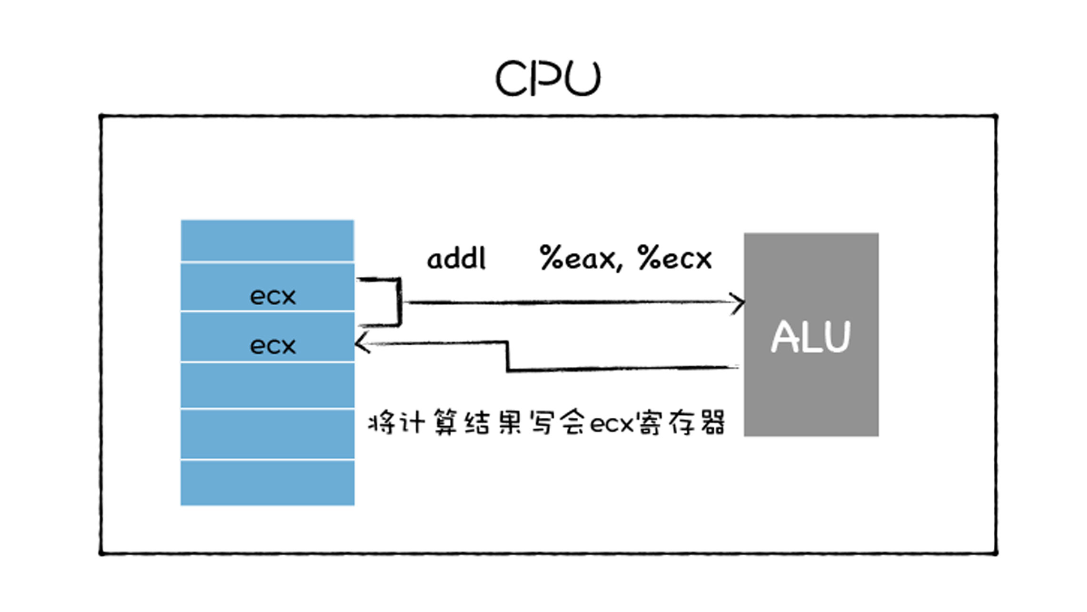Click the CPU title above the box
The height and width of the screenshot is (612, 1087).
548,78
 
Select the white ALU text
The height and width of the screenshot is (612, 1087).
810,337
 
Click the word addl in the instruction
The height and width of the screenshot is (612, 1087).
456,259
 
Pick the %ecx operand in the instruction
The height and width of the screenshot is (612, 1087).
675,259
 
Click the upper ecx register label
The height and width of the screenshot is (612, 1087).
273,296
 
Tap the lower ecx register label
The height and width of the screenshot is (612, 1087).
273,346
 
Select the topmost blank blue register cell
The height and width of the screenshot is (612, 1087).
267,241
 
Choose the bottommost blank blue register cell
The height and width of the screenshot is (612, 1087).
267,482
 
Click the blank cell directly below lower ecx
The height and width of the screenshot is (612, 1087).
267,385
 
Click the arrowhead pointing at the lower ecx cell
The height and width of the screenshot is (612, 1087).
362,343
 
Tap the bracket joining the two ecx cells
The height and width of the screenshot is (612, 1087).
399,302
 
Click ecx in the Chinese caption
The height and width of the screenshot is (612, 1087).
612,423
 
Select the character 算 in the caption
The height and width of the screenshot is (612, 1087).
445,422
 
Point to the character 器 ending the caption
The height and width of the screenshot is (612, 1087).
712,422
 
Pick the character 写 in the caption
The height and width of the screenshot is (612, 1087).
543,422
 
